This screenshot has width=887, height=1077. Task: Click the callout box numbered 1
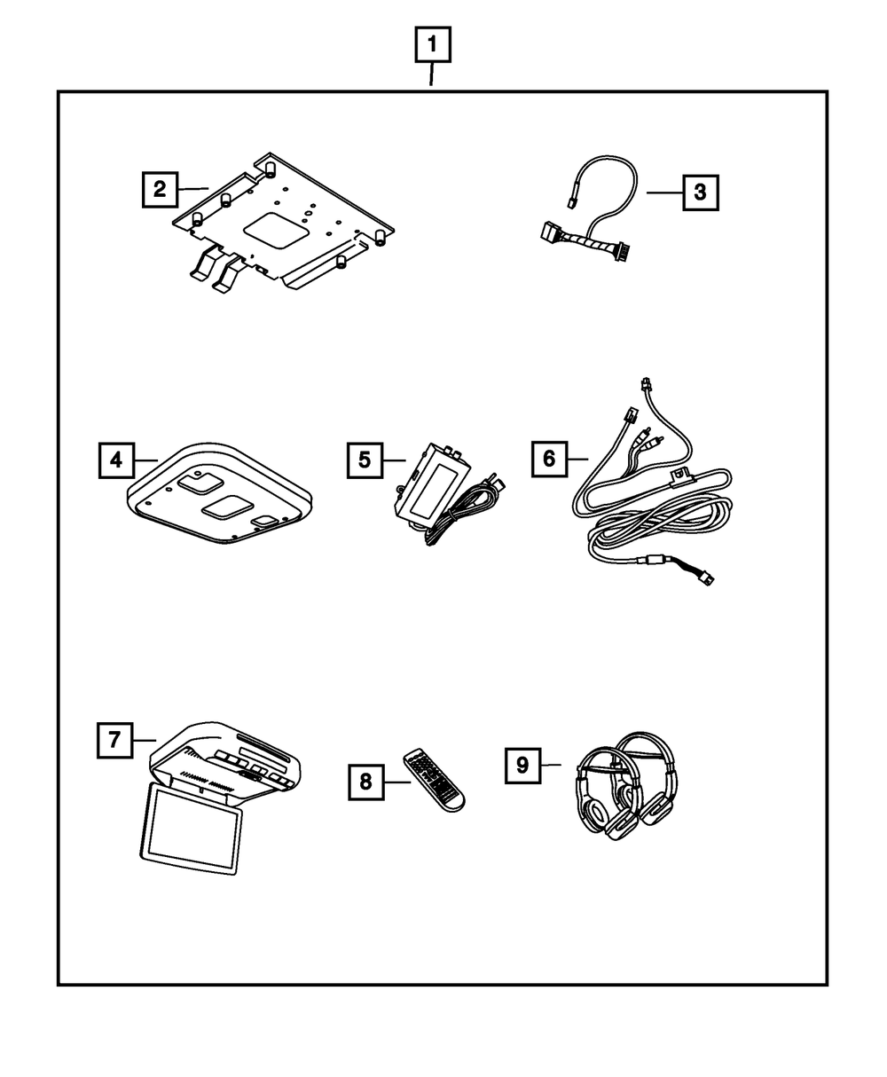(432, 43)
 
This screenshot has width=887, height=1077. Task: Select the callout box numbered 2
(160, 189)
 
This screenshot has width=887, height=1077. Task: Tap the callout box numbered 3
(700, 192)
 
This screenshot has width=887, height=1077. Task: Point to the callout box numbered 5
(365, 460)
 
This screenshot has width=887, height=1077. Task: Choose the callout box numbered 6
(549, 459)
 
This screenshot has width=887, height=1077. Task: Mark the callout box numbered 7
(114, 740)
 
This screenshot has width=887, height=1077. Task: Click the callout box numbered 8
(365, 782)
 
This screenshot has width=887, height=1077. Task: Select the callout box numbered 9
(522, 765)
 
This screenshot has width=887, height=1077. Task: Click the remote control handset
(434, 778)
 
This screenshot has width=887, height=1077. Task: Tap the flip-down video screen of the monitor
(192, 829)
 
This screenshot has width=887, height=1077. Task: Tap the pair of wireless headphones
(625, 785)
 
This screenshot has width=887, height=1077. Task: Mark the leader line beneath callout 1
(432, 75)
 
